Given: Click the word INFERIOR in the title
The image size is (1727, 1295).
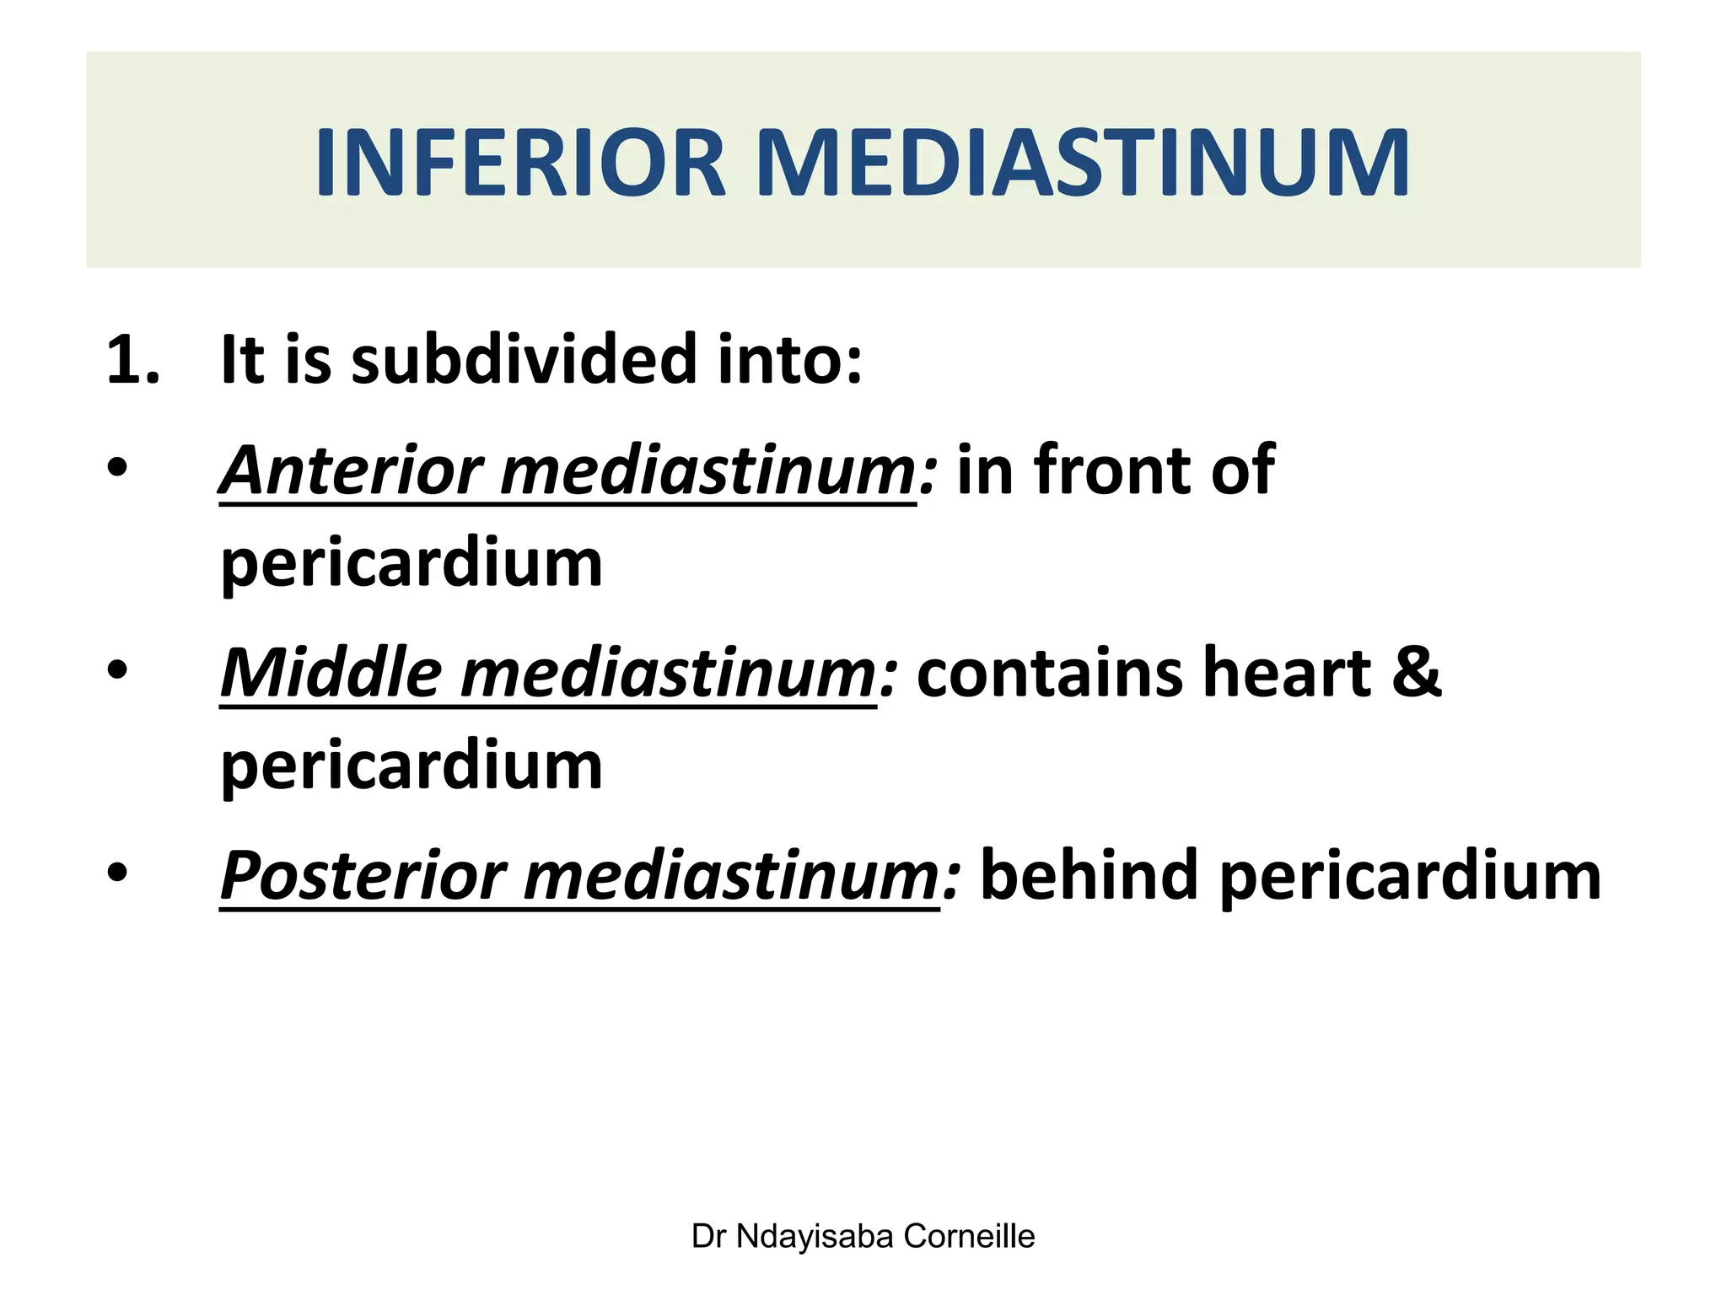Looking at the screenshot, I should tap(520, 163).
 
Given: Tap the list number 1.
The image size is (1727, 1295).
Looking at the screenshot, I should tap(132, 361).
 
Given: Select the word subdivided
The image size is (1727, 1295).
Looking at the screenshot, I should tap(523, 361).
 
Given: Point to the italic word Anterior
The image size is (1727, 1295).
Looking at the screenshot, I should tap(351, 470).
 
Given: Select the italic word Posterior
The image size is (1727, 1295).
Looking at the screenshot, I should tap(363, 877).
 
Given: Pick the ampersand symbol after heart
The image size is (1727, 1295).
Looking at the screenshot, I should tap(1417, 674).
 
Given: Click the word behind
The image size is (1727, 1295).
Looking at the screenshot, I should tap(1089, 877).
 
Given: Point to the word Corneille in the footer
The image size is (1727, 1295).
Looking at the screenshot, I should tap(969, 1237).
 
